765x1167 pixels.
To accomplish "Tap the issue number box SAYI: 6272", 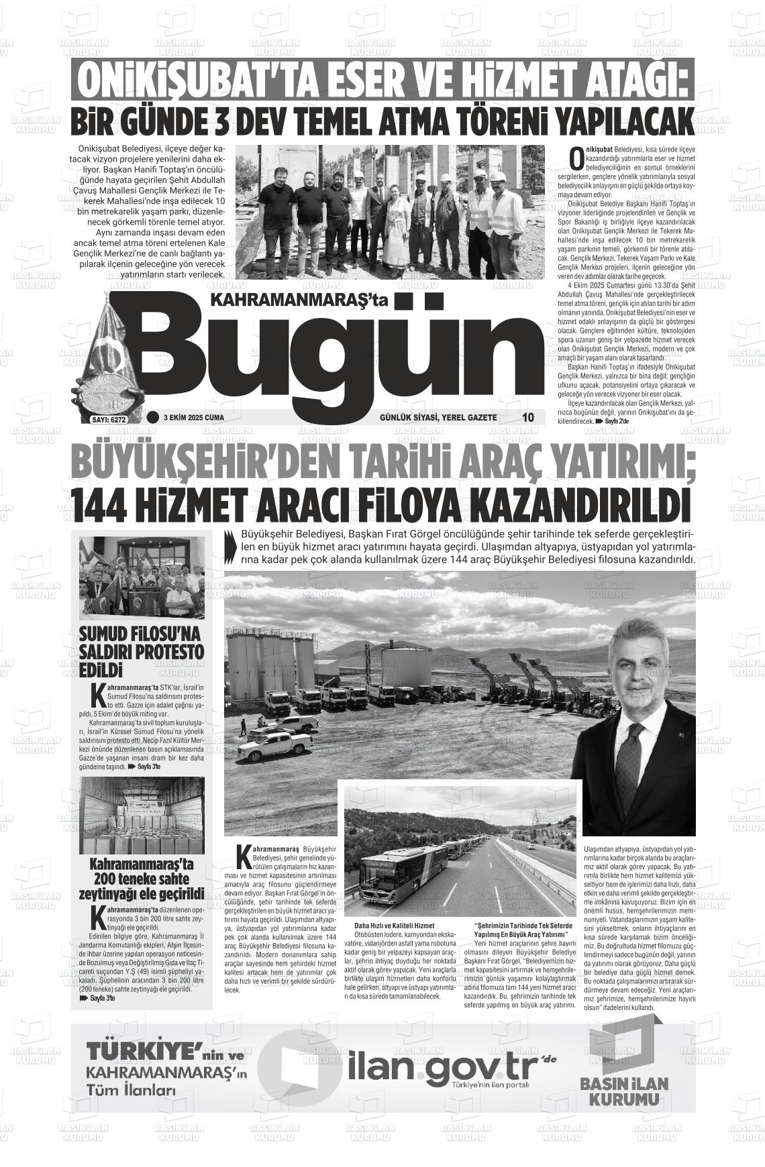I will [108, 419].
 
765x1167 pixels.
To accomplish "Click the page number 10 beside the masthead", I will [528, 417].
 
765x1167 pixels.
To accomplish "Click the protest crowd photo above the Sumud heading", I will [142, 577].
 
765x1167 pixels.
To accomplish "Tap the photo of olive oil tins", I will [142, 816].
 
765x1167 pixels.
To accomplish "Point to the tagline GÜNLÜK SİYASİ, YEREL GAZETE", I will [438, 418].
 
